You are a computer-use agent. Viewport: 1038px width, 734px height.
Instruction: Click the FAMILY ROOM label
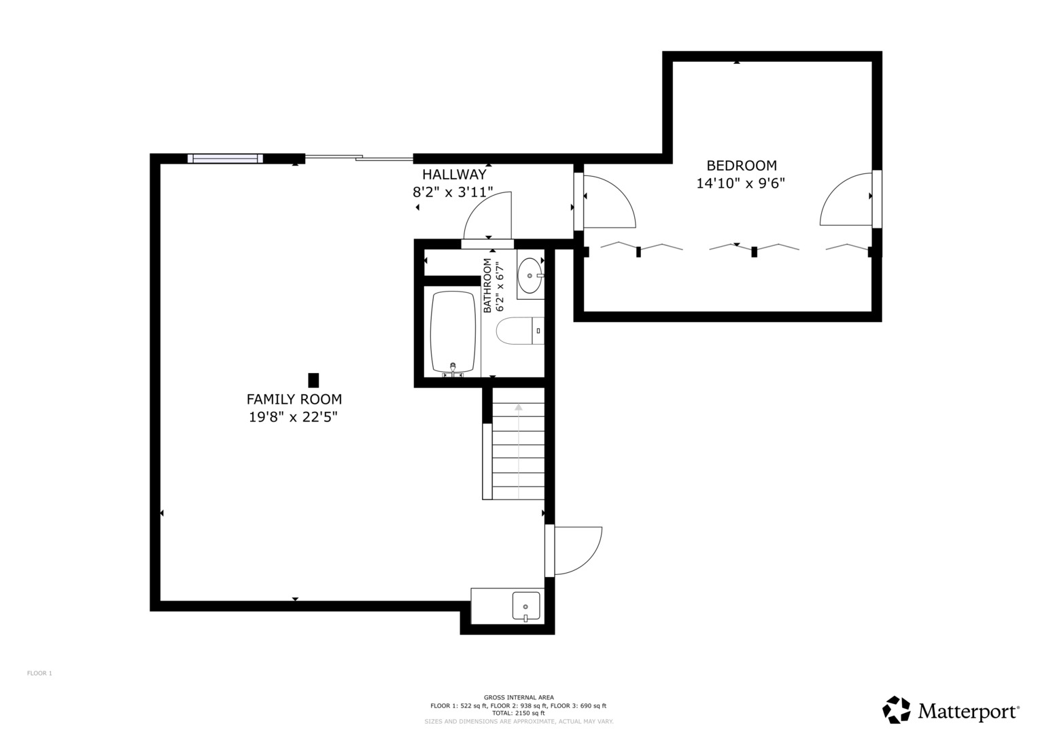click(294, 399)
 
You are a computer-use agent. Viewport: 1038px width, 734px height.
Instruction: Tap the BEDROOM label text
click(742, 165)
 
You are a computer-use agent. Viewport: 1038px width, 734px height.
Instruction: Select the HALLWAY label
click(454, 174)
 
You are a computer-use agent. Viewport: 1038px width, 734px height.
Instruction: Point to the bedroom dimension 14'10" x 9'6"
click(740, 183)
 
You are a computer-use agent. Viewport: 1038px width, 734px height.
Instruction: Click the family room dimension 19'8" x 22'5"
click(293, 417)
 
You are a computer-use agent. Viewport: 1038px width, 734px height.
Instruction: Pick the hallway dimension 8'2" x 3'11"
click(453, 192)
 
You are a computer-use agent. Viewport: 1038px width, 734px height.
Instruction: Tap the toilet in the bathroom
click(520, 330)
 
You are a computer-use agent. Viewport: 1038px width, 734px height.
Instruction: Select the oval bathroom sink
click(530, 275)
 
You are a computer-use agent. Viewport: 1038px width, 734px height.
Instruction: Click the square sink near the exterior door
click(526, 606)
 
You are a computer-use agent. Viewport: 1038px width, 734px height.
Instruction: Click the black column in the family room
click(313, 380)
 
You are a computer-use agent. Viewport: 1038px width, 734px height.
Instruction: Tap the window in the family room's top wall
click(225, 158)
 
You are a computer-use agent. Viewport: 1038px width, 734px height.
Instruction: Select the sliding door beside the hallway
click(359, 158)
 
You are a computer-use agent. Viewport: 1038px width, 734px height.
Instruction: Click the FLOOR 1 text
click(39, 674)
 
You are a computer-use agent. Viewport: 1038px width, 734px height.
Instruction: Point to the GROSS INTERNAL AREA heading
click(519, 697)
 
